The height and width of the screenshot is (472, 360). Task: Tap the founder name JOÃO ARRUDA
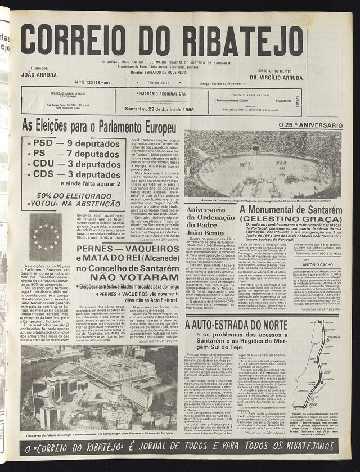39,74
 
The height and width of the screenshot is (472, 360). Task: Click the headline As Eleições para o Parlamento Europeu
99,125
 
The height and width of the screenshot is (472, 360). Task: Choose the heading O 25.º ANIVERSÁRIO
310,125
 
